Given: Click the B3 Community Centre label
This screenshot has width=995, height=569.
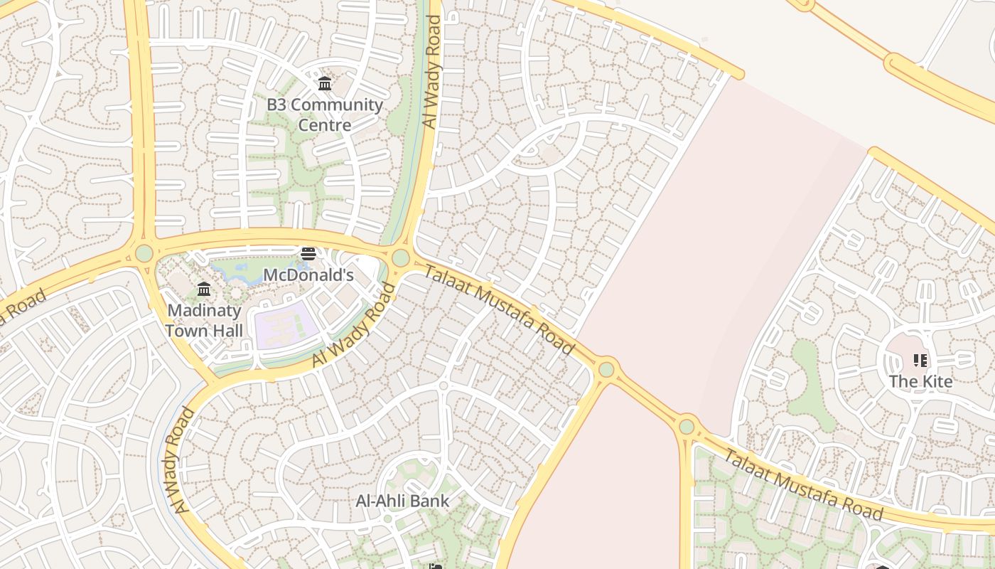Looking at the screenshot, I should [324, 115].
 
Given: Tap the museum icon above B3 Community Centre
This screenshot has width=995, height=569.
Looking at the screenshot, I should [325, 84].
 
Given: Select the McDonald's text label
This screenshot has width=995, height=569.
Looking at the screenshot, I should [308, 275].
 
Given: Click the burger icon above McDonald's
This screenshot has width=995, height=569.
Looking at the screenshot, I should [308, 254].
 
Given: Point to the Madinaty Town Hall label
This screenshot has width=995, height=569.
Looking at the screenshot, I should [204, 321].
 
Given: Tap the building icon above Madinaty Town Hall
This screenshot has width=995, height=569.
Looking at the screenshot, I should [204, 289].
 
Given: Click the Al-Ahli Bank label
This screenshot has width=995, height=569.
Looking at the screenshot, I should [402, 501].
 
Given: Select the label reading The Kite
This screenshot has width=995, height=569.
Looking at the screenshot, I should [920, 381].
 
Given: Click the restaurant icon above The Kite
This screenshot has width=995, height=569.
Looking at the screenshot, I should [920, 361].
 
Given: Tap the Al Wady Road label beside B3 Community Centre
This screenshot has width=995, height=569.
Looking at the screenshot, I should [432, 73].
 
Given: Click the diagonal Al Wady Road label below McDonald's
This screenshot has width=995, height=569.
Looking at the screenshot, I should [353, 326].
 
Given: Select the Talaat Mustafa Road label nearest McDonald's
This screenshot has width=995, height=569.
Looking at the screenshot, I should [499, 309].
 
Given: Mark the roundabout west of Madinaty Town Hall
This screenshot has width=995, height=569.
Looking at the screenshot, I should [144, 253].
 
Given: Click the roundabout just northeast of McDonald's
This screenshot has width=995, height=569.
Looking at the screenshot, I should [401, 257].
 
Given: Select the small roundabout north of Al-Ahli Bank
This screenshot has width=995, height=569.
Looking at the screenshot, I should [443, 385].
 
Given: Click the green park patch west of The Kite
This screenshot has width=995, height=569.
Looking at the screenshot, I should [810, 384].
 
